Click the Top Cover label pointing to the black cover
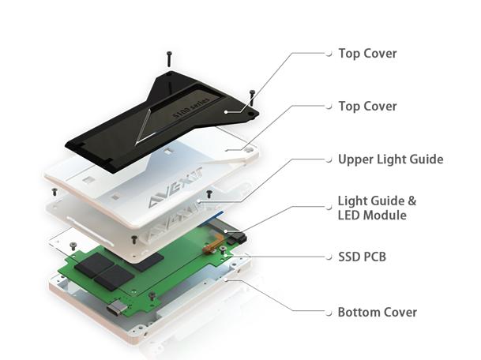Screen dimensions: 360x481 tap(367, 54)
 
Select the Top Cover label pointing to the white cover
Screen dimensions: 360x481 tap(367, 106)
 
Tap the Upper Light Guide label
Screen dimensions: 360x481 tap(390, 159)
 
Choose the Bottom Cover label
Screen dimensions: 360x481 tap(378, 312)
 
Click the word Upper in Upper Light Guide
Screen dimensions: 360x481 tap(355, 159)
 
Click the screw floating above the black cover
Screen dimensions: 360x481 tap(169, 58)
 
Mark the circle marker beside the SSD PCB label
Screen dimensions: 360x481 tap(329, 257)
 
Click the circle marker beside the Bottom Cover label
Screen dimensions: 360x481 tap(329, 312)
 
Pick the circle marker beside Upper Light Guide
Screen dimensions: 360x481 tap(329, 159)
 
